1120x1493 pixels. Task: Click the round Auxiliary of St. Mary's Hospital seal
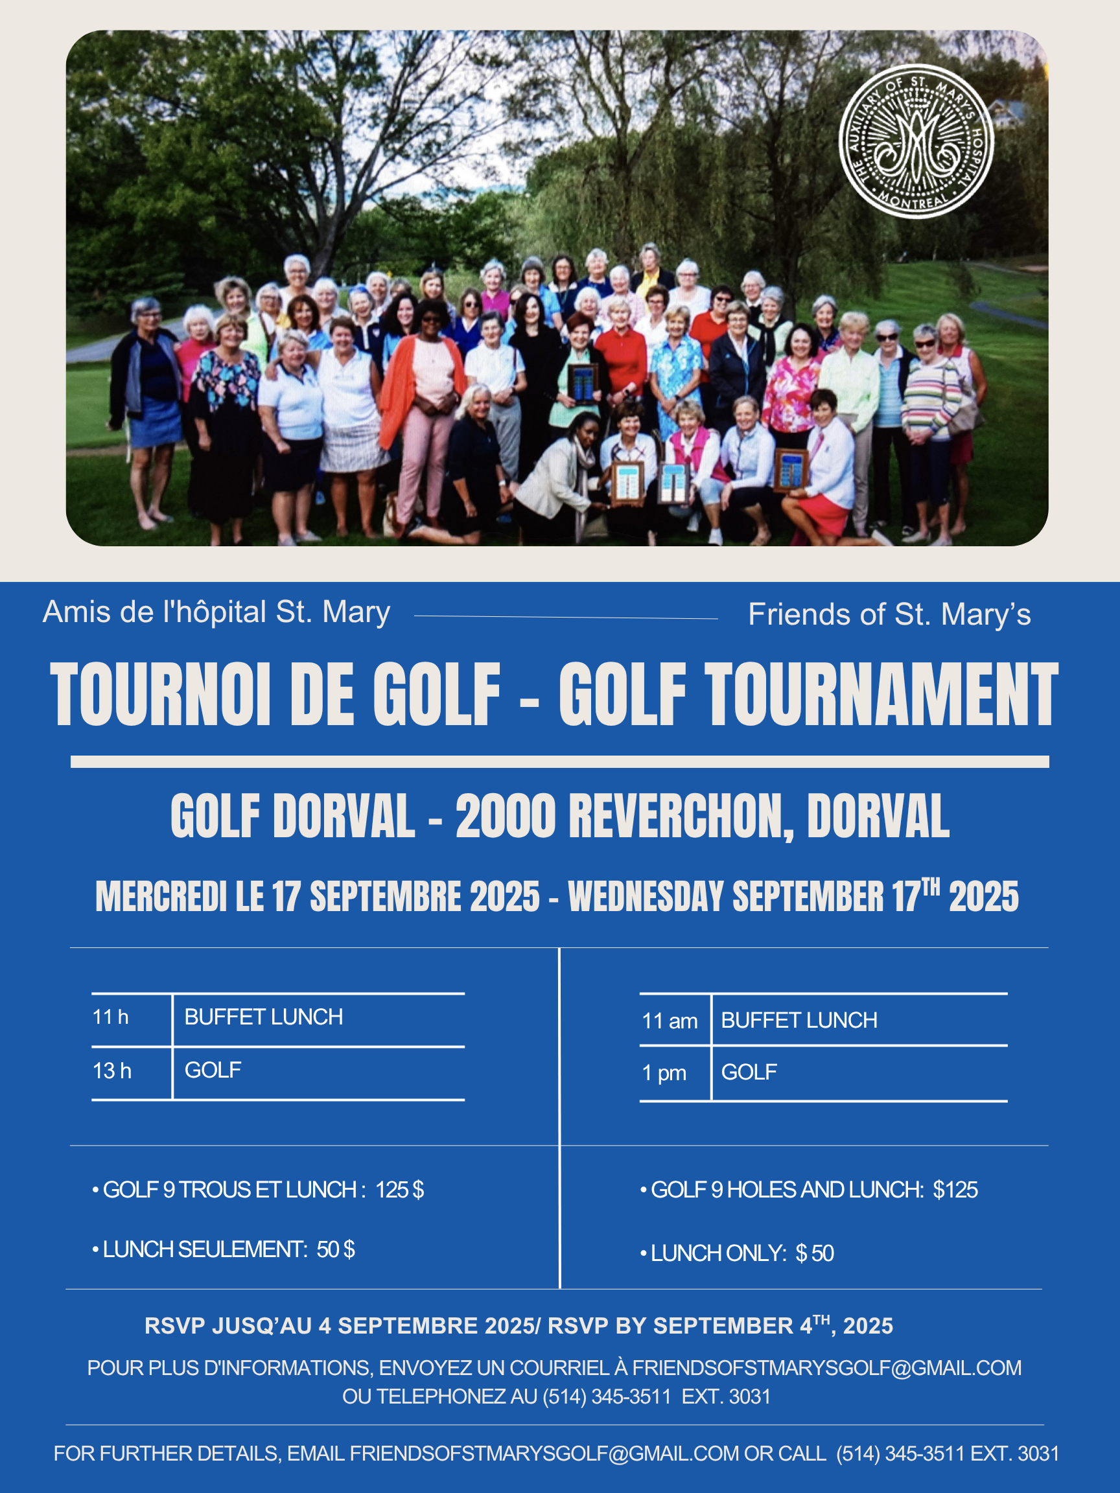click(915, 141)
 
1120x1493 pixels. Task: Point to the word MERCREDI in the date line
click(161, 896)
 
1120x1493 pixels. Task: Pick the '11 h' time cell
click(111, 1017)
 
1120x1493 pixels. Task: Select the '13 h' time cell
click(112, 1071)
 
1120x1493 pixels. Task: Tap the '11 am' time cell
click(669, 1021)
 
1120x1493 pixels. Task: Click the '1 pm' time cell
click(664, 1072)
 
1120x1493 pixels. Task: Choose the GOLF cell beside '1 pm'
click(749, 1072)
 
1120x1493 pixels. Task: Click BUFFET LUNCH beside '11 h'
click(263, 1017)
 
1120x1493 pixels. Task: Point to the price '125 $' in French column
click(400, 1189)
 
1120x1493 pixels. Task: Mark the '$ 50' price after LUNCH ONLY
click(814, 1253)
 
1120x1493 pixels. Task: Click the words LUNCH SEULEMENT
click(205, 1249)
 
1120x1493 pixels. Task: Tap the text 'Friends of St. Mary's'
click(889, 615)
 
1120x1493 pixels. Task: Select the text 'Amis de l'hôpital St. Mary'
click(216, 612)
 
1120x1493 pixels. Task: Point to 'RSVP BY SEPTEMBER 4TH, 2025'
click(719, 1326)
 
